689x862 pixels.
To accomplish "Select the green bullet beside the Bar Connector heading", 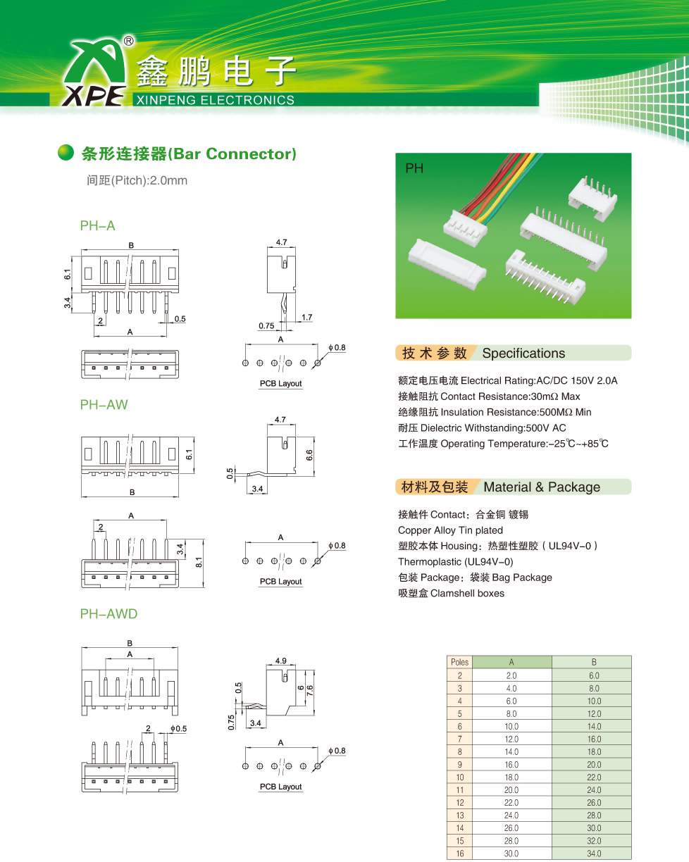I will click(66, 153).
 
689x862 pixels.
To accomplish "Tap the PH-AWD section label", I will click(108, 614).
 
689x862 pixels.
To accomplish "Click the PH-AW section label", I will click(104, 405).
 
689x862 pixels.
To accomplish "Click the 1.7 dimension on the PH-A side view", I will click(306, 318).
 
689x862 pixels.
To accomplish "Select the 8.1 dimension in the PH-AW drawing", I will click(199, 563).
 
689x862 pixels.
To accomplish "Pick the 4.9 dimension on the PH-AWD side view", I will click(280, 661).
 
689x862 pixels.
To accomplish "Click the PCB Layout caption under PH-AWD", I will click(280, 787).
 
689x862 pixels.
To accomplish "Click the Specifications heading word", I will click(523, 354).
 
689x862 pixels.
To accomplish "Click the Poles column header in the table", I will click(459, 662).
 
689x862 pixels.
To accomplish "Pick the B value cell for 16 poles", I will click(594, 854).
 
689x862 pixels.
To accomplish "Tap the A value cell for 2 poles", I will click(511, 675).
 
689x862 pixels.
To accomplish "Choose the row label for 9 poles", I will click(459, 764).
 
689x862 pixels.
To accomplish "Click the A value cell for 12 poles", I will click(511, 802).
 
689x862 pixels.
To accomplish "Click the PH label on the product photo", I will click(413, 168).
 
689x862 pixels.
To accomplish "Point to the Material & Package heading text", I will click(542, 487).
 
